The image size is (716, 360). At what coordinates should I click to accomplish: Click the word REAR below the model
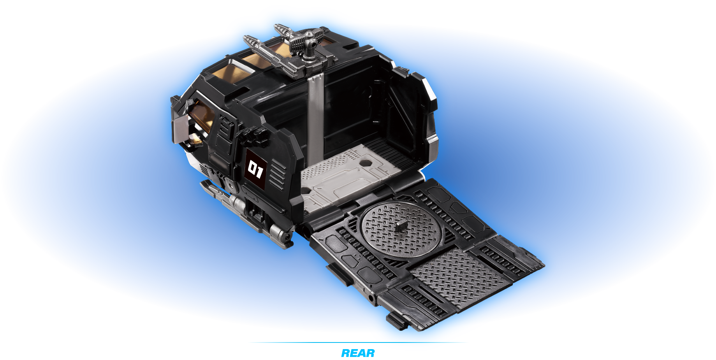coord(358,353)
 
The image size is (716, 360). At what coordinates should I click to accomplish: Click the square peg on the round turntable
coord(400,225)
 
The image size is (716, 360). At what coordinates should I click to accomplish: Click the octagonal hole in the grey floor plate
coord(366,163)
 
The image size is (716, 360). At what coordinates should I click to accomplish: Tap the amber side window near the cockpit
coord(202,117)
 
